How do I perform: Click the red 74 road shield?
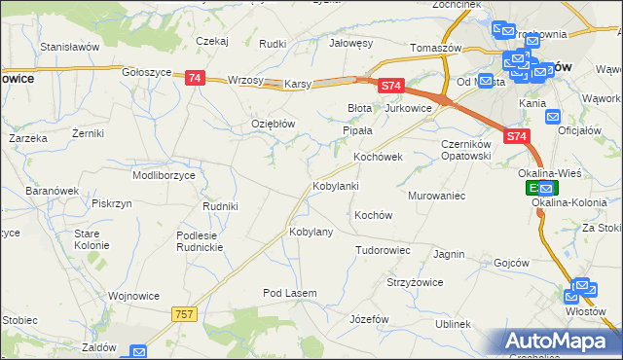[195, 78]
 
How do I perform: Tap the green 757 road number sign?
[185, 313]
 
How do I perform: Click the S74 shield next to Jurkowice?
[390, 87]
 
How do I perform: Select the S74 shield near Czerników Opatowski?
[517, 138]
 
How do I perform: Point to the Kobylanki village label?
[335, 185]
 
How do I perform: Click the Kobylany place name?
[311, 233]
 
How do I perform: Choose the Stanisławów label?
[70, 46]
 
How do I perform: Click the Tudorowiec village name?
[383, 250]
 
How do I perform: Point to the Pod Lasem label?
[289, 293]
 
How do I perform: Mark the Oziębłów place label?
[273, 124]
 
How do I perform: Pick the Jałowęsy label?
[351, 43]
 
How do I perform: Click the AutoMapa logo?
[558, 342]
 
